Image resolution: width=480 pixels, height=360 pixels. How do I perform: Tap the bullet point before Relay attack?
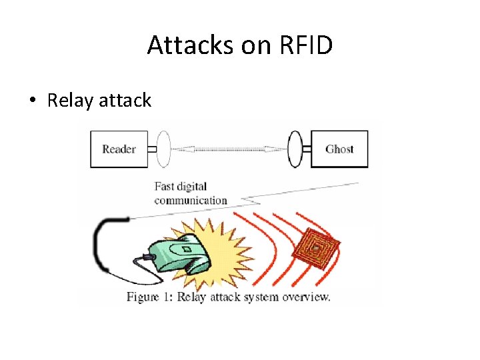coord(32,101)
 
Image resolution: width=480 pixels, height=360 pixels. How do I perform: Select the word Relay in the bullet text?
coord(70,101)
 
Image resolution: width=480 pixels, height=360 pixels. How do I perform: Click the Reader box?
coord(119,149)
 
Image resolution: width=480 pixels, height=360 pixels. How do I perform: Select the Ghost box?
coord(339,149)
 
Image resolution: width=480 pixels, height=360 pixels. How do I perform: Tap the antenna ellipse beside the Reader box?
coord(163,149)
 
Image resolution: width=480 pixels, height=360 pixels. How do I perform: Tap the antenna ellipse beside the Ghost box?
coord(295,149)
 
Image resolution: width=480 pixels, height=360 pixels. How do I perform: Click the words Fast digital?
coord(181,187)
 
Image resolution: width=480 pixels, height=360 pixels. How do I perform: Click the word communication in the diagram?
coord(191,200)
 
